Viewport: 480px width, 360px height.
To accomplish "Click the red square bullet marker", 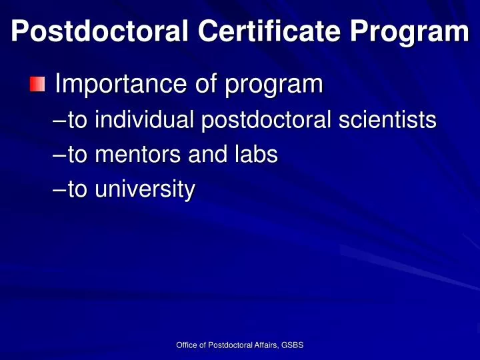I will [37, 85].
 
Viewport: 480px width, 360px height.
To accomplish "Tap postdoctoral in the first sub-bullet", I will [268, 121].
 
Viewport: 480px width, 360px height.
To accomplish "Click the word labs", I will [256, 155].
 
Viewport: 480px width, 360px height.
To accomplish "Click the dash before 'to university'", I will [59, 191].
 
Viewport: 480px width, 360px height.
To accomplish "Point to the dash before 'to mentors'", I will [59, 155].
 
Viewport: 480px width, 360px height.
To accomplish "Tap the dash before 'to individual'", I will [59, 121].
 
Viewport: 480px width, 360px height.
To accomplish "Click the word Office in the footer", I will [185, 345].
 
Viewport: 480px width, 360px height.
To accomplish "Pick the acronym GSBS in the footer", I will [293, 345].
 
